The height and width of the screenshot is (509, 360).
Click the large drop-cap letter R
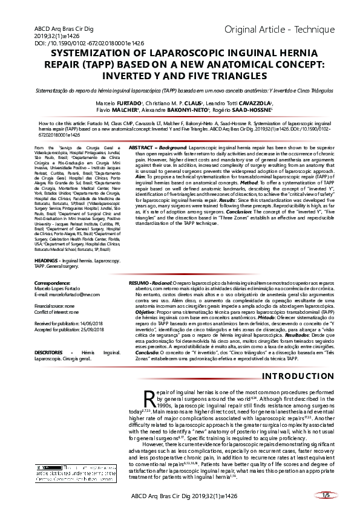150,400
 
